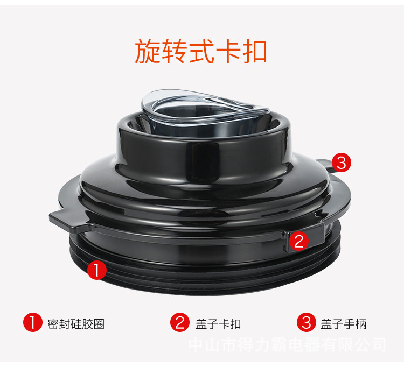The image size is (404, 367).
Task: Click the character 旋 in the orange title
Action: point(148,51)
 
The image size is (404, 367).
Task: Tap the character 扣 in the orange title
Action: point(254,51)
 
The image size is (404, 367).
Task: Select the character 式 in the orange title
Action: point(201,51)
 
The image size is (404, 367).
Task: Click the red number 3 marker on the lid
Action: point(341,163)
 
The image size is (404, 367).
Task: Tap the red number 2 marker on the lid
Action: point(298,241)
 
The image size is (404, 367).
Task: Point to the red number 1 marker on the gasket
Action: point(96,270)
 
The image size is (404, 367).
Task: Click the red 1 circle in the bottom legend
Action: point(32,322)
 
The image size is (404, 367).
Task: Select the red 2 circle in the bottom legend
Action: point(180,322)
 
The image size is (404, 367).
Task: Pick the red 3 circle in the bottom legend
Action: point(307,322)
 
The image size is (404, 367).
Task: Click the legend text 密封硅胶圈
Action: point(76,324)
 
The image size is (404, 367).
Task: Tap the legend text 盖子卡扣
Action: point(218,324)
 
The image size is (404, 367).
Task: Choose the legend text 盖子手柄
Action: point(344,324)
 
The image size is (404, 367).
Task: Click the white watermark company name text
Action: point(287,345)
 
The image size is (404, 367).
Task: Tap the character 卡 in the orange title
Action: point(228,51)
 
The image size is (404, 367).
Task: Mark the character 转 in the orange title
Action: point(175,51)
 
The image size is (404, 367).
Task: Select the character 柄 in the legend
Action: point(361,324)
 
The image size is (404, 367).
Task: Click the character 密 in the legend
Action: point(53,324)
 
